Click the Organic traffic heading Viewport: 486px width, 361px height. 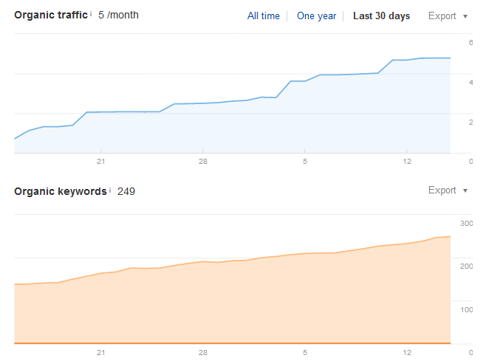[50, 15]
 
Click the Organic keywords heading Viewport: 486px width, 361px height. [60, 191]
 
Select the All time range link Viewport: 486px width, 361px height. [264, 16]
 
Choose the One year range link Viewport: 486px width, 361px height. [315, 16]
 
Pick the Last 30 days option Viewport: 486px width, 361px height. [381, 16]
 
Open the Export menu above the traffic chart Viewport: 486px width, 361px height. [448, 16]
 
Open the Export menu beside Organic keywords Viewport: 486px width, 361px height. [448, 190]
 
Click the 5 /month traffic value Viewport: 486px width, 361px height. [118, 15]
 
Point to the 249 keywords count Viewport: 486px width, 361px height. [126, 191]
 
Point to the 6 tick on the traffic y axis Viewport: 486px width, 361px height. [470, 42]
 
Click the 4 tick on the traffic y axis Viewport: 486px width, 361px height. [470, 82]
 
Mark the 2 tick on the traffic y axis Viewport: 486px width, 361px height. [470, 122]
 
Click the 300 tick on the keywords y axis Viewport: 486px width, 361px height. [466, 222]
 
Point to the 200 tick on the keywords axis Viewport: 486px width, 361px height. [466, 265]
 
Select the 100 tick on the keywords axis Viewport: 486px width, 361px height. [466, 309]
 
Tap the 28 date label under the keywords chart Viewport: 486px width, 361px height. [202, 353]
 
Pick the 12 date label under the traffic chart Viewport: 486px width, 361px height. [406, 162]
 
